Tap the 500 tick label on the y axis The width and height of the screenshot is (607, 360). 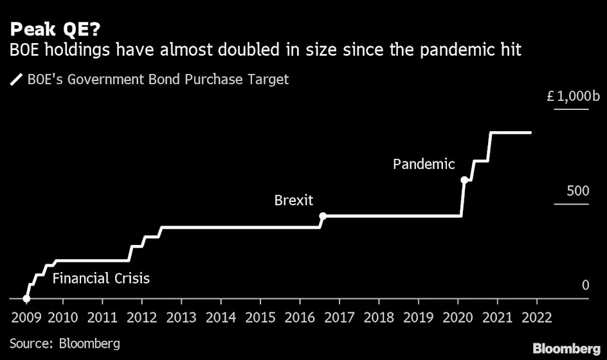(x=577, y=191)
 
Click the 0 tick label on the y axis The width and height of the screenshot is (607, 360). (x=585, y=284)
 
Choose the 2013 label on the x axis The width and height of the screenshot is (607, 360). (x=181, y=317)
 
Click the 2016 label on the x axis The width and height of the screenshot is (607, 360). (x=300, y=317)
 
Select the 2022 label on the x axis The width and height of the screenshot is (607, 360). (x=536, y=317)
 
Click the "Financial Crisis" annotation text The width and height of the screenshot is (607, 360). (x=101, y=278)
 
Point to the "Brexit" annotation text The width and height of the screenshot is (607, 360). (x=294, y=200)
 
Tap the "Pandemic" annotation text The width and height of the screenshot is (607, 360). (x=424, y=164)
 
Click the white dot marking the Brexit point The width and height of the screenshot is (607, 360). (x=323, y=216)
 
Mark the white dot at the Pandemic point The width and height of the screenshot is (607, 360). (x=464, y=180)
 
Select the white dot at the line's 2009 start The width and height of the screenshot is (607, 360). (x=26, y=298)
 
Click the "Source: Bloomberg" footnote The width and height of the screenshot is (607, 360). (x=64, y=343)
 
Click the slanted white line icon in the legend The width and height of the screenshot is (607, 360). (x=15, y=80)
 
